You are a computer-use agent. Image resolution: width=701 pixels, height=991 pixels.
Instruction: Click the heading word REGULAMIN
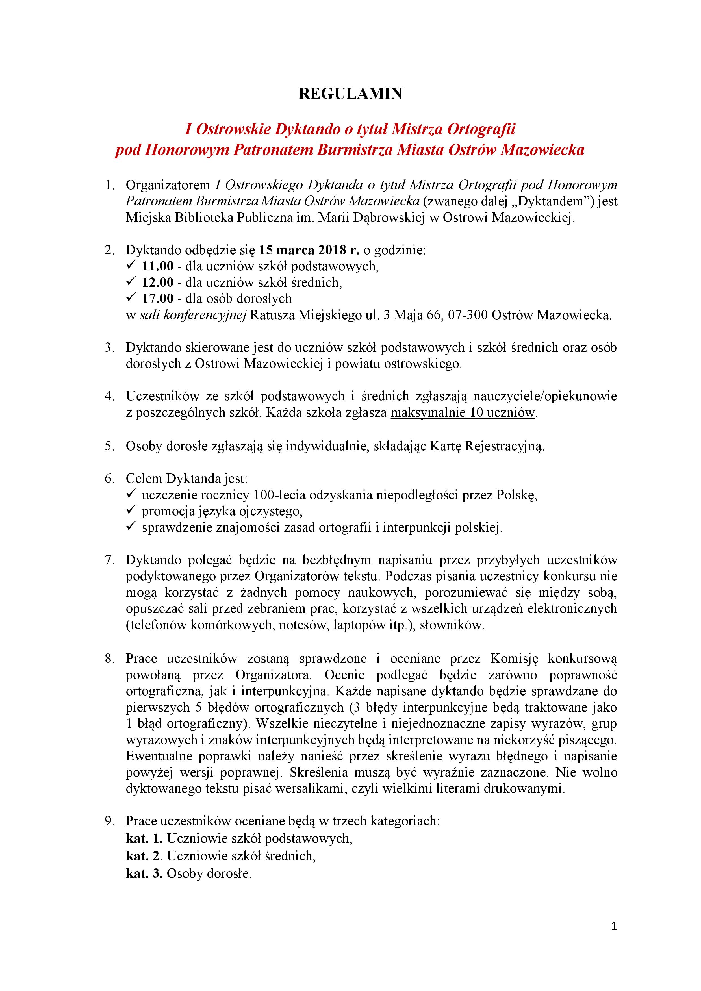pyautogui.click(x=350, y=94)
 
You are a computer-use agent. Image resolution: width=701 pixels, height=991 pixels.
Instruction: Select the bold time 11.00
pyautogui.click(x=158, y=266)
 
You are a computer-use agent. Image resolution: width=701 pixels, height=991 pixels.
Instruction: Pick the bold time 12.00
pyautogui.click(x=158, y=283)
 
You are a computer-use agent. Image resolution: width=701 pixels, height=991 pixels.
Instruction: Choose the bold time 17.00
pyautogui.click(x=158, y=299)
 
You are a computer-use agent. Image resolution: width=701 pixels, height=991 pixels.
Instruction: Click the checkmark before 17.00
pyautogui.click(x=131, y=298)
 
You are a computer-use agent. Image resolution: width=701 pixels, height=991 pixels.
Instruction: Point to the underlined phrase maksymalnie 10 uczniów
pyautogui.click(x=463, y=413)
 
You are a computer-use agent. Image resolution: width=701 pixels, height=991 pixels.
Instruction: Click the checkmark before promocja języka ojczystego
pyautogui.click(x=131, y=510)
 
